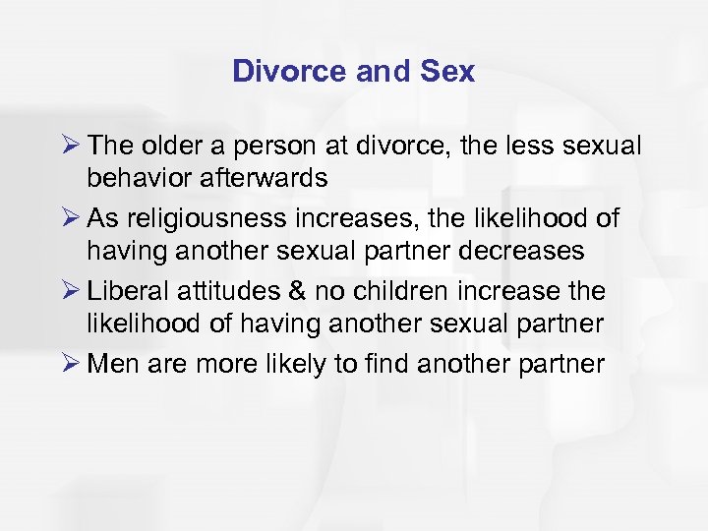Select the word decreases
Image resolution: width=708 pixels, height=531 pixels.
pyautogui.click(x=512, y=251)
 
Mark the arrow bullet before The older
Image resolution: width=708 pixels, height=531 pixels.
pyautogui.click(x=70, y=146)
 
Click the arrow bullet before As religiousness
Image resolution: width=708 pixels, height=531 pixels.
pyautogui.click(x=70, y=218)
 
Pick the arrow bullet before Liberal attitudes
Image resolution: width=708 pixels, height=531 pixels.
pyautogui.click(x=70, y=291)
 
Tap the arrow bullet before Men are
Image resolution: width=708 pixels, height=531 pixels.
pyautogui.click(x=70, y=364)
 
